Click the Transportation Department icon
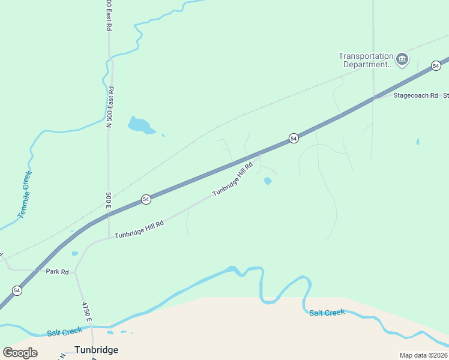point(402,59)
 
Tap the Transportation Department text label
point(366,60)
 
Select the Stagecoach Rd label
point(415,95)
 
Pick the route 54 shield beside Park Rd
point(17,290)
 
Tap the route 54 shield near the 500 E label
point(146,199)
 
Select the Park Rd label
point(57,272)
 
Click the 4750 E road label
point(86,311)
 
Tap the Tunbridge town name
point(96,349)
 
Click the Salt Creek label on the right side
point(327,313)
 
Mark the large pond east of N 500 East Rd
point(140,125)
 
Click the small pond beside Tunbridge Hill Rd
point(268,181)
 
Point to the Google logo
point(20,353)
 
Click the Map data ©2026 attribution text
point(423,355)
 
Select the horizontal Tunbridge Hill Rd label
point(139,229)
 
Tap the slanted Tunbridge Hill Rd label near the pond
point(234,179)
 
